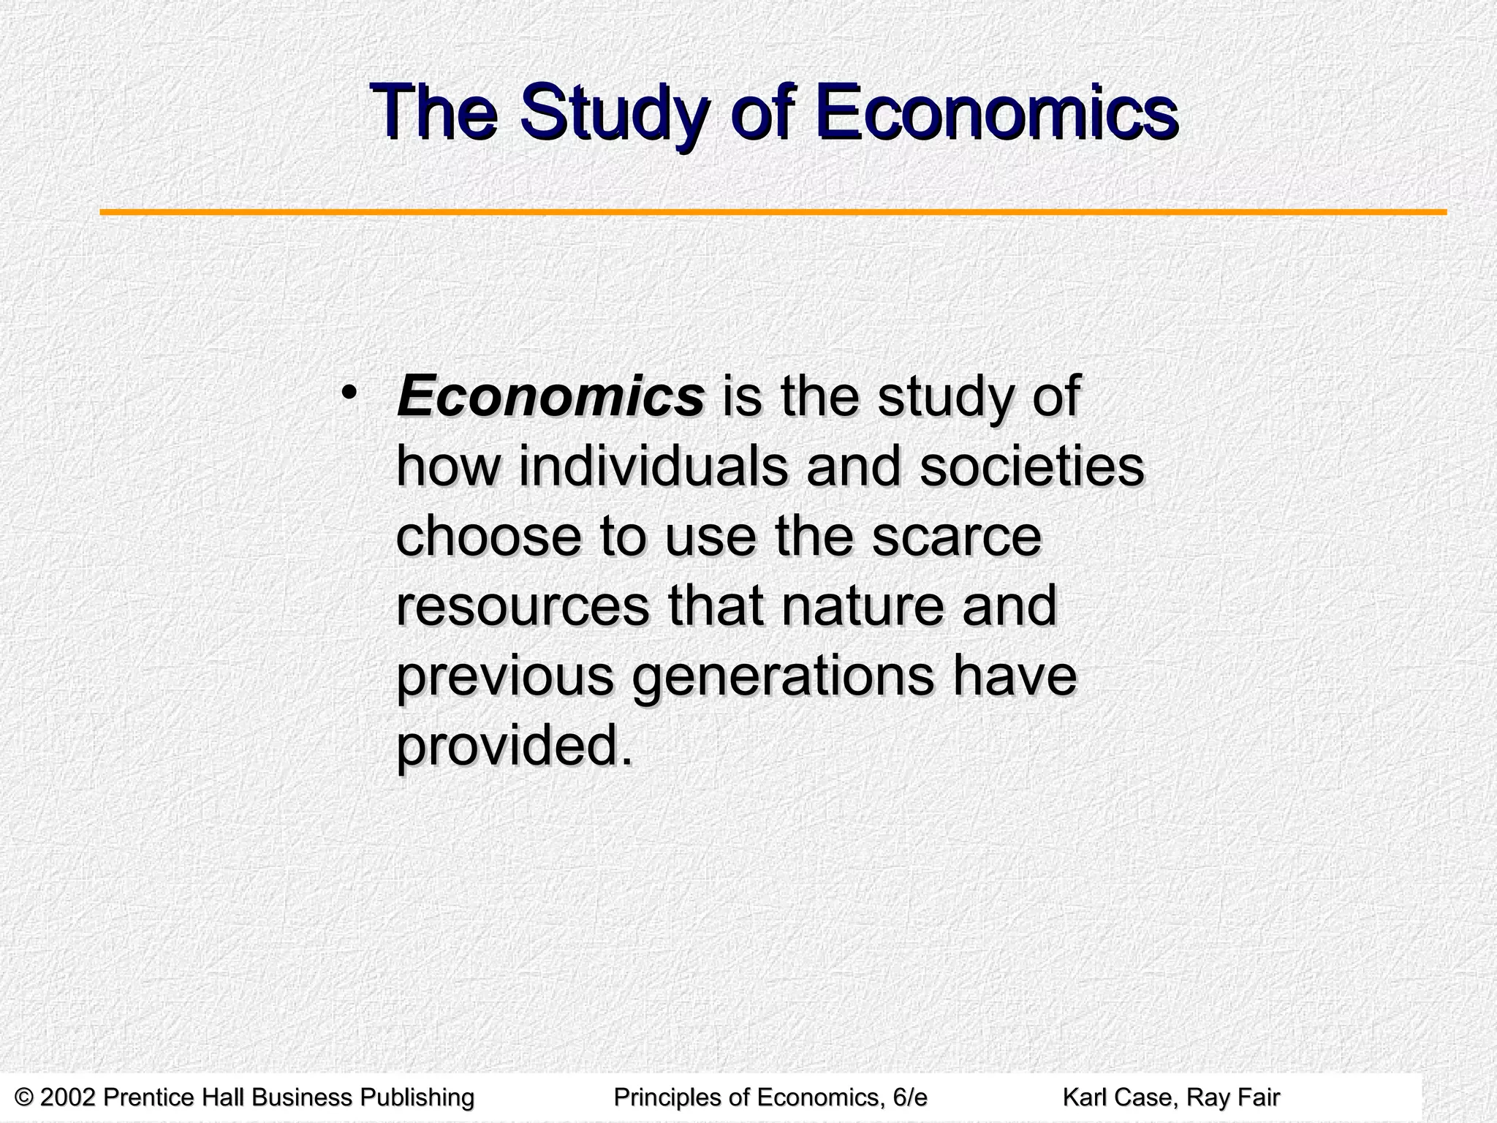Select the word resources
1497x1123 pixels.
[522, 606]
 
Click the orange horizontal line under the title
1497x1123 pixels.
[773, 213]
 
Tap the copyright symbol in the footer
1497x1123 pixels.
[24, 1097]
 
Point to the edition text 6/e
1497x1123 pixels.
[909, 1097]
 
